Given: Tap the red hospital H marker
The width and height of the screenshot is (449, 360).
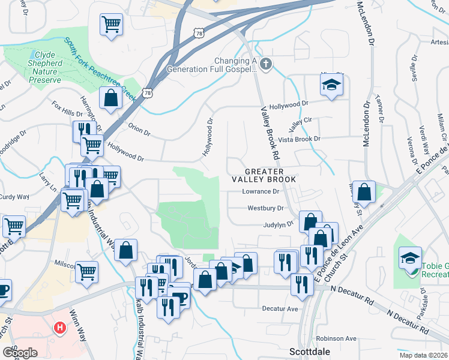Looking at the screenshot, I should coord(60,328).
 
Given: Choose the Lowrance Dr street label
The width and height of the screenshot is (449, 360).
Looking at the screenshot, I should coord(261,192).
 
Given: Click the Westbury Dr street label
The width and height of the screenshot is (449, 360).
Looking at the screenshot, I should coord(265,208).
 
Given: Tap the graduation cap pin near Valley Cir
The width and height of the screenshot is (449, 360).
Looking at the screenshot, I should coord(331,86).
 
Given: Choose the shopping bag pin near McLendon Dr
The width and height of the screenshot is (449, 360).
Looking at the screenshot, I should coord(364,193).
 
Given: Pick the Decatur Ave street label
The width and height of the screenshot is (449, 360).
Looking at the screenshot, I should coord(280,308).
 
